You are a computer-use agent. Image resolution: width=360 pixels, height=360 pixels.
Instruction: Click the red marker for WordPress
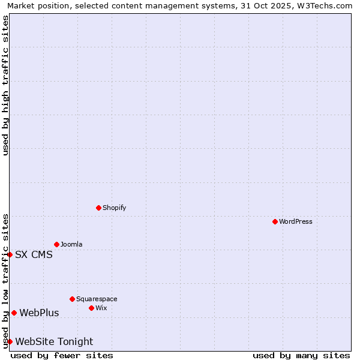point(275,221)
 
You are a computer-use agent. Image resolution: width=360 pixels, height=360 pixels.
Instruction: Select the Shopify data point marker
point(98,208)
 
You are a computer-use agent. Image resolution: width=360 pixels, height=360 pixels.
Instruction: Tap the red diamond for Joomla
point(56,244)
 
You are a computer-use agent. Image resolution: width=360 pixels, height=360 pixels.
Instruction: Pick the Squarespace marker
point(72,299)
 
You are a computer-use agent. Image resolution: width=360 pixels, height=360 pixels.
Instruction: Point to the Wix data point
point(91,308)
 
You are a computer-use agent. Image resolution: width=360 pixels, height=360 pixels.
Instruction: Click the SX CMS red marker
point(10,254)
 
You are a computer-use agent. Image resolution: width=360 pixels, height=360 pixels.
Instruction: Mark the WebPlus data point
point(14,313)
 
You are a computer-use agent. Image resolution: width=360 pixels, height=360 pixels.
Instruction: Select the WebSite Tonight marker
point(10,341)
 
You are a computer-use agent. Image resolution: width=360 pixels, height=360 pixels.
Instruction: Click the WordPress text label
point(296,221)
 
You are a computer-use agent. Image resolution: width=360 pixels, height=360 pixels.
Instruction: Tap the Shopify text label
point(114,208)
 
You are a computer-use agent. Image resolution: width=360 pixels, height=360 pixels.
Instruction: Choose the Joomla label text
point(71,244)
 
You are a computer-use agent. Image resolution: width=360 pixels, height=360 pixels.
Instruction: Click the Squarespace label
point(97,299)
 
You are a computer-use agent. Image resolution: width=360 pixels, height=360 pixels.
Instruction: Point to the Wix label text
point(101,308)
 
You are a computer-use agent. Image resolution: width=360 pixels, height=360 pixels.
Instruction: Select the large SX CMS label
point(34,254)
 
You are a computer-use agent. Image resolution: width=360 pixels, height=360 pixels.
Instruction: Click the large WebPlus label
point(39,313)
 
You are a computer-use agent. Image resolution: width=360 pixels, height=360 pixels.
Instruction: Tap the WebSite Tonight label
point(54,341)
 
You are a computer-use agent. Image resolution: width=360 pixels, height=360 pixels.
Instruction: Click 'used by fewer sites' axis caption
point(62,355)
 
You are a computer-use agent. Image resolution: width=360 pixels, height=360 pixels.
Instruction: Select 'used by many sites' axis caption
point(301,355)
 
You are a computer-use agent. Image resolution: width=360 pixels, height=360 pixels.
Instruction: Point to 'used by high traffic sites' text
point(5,85)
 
